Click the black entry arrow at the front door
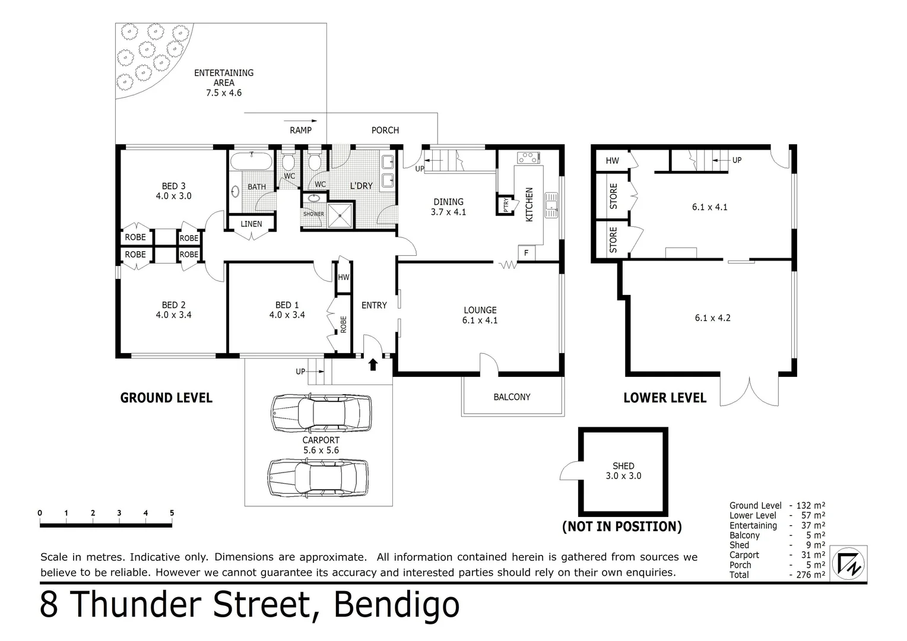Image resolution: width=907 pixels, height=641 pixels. click(x=373, y=364)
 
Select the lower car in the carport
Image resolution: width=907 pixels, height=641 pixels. click(x=318, y=477)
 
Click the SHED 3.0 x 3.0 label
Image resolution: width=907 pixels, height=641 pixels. click(x=623, y=471)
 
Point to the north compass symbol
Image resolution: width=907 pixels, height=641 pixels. click(x=849, y=563)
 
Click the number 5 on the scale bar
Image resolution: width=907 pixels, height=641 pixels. click(x=172, y=513)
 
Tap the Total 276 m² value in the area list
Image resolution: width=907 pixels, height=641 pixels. click(x=810, y=575)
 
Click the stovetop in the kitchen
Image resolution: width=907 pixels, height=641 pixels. click(x=528, y=158)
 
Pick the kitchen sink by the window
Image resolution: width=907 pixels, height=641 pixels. click(x=551, y=205)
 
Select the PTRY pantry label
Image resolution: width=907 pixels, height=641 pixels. click(x=506, y=205)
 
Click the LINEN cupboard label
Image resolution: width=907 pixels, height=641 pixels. click(x=251, y=224)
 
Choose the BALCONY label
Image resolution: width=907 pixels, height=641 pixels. click(x=512, y=397)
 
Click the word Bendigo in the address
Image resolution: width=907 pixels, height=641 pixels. click(x=396, y=605)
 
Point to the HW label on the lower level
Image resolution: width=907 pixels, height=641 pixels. click(x=612, y=161)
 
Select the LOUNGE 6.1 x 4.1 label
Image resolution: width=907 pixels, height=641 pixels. click(x=480, y=315)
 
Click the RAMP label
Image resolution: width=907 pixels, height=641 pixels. click(x=300, y=130)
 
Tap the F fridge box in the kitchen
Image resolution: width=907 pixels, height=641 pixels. click(x=526, y=253)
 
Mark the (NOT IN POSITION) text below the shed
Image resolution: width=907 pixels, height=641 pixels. click(x=621, y=526)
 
